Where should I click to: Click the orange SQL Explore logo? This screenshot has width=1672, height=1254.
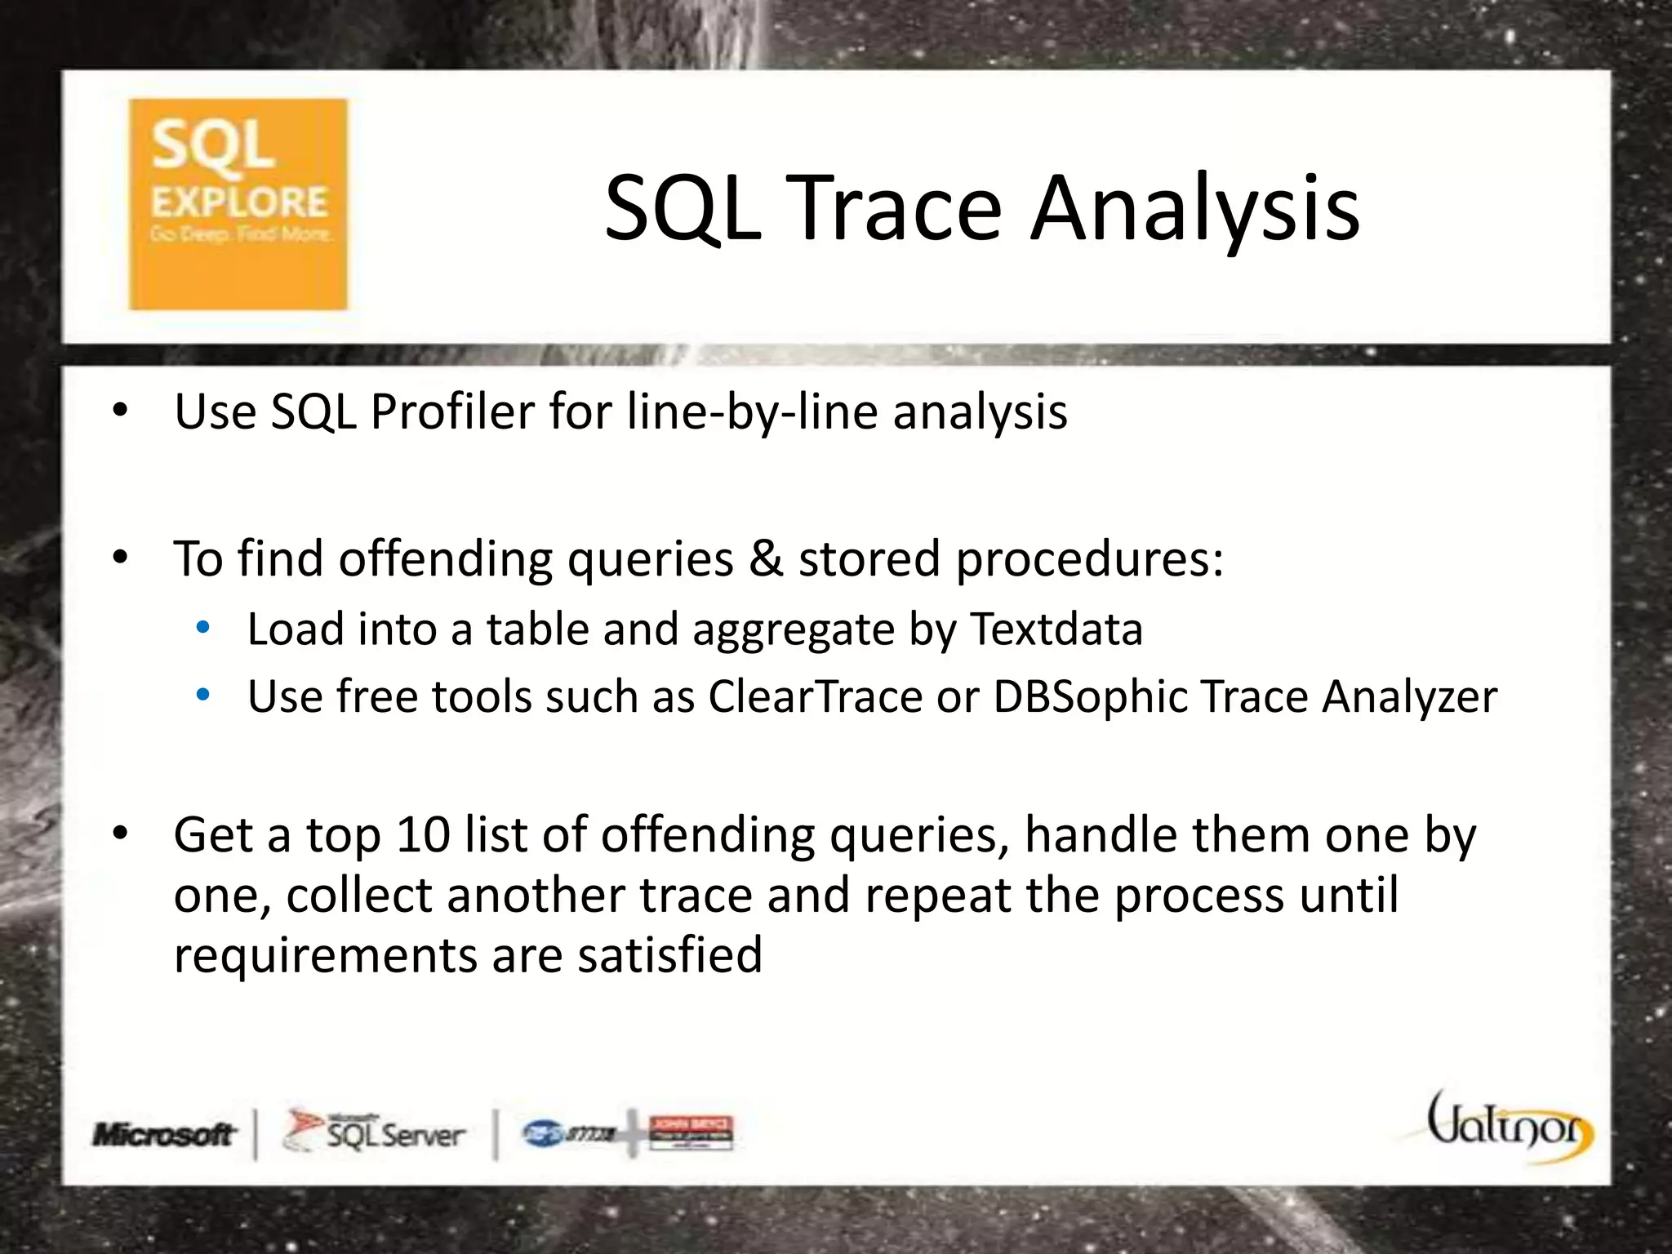click(238, 204)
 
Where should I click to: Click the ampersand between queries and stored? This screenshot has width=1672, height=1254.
click(765, 559)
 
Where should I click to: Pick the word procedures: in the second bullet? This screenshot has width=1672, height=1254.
click(1089, 561)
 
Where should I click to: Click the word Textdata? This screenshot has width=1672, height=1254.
click(1056, 629)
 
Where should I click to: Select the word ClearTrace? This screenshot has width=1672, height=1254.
click(815, 697)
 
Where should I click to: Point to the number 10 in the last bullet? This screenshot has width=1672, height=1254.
click(423, 835)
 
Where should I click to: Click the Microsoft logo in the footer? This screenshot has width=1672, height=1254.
click(164, 1134)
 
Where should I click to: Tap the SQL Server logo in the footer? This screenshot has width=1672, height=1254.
click(374, 1132)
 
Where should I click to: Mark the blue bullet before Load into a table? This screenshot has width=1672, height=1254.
click(203, 629)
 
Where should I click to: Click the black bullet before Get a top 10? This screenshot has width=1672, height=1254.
click(121, 834)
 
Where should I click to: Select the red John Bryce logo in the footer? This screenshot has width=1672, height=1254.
click(691, 1132)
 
